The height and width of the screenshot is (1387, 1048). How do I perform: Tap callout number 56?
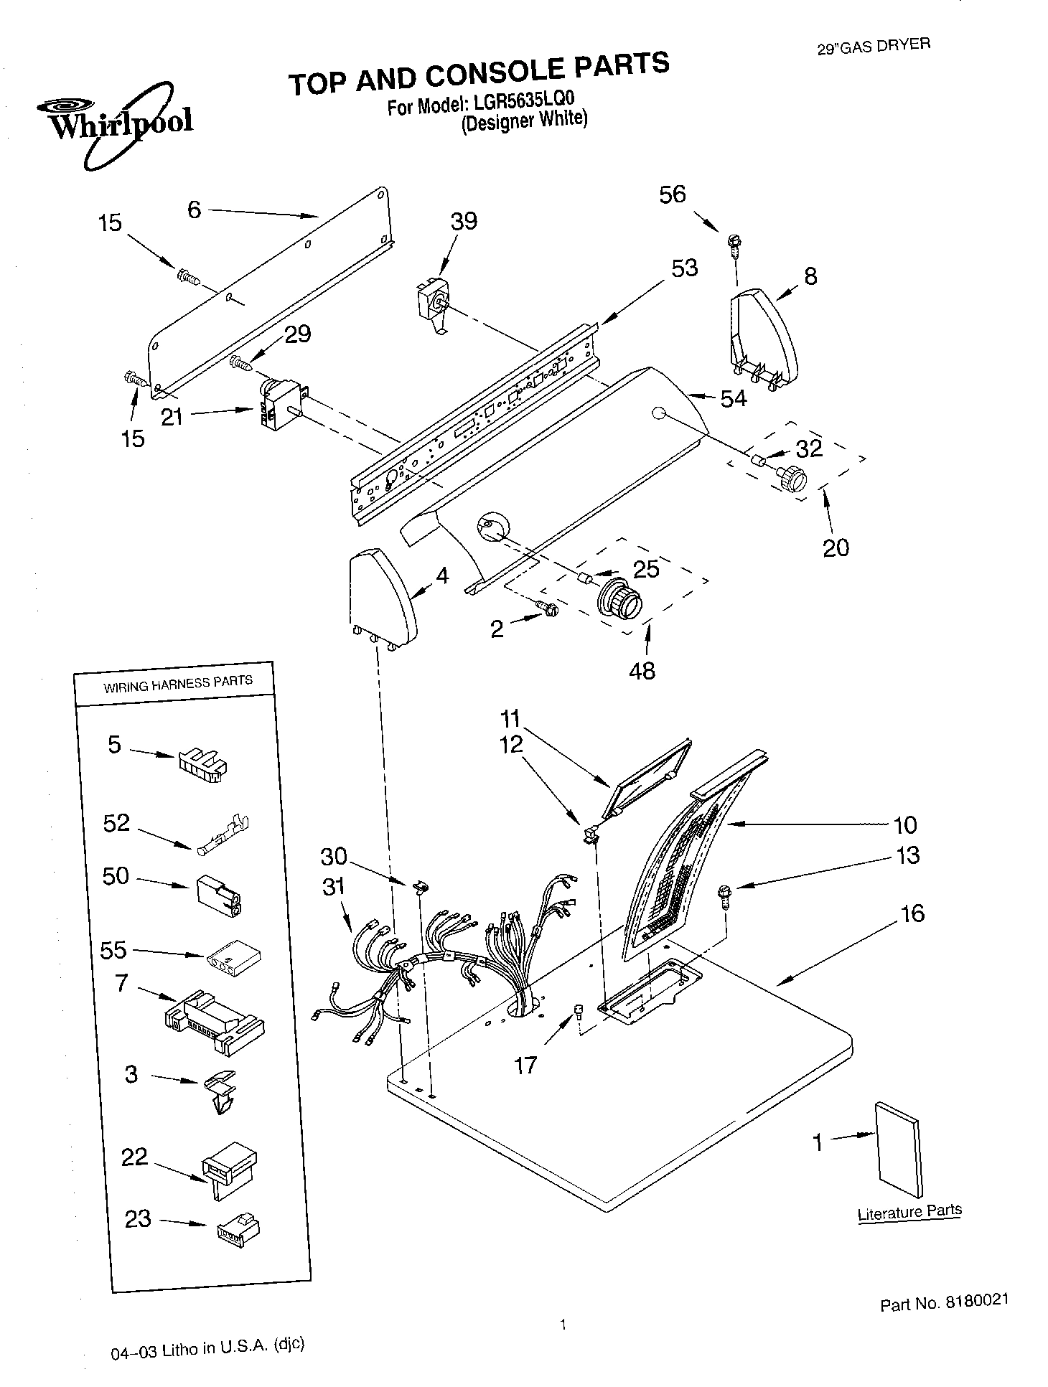672,194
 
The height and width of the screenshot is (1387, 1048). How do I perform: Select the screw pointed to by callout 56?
733,244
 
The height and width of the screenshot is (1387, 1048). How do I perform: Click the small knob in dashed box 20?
792,478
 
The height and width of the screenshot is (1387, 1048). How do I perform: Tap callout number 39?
463,221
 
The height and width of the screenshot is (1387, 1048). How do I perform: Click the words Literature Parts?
909,1211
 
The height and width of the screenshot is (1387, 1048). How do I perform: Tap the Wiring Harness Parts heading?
177,683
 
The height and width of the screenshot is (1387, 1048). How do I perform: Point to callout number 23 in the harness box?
138,1218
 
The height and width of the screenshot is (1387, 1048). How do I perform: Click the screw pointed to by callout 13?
725,894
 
